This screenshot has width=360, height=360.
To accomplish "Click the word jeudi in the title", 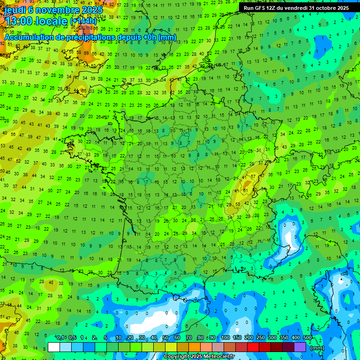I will click(x=14, y=10).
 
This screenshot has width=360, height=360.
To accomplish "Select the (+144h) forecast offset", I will click(x=83, y=21).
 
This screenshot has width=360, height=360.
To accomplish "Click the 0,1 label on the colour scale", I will click(x=60, y=337).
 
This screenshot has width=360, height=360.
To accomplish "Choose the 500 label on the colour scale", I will click(x=307, y=337).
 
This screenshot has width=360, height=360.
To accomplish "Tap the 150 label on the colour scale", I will click(x=237, y=337).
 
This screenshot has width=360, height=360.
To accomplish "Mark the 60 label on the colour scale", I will click(x=177, y=337).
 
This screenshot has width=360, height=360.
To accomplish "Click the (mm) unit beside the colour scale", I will click(x=317, y=348).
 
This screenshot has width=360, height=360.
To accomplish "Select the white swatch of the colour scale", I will click(x=54, y=347).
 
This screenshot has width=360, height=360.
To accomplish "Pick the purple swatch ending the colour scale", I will click(x=300, y=347).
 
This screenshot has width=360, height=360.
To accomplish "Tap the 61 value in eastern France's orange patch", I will click(x=245, y=191).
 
